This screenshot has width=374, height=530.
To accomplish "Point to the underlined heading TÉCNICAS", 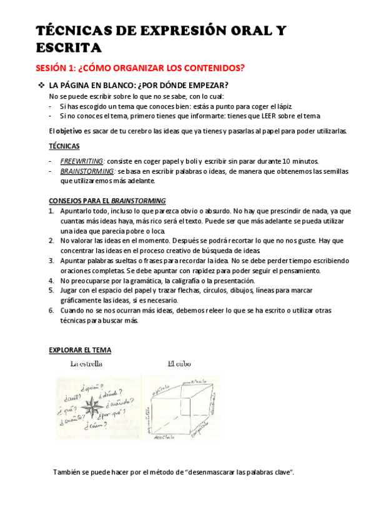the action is [x=64, y=146].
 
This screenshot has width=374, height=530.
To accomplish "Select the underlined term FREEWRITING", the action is [x=82, y=161].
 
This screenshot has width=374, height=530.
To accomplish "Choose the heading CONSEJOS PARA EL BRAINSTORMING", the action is [x=107, y=201].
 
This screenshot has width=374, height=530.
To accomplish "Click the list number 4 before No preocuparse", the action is [x=51, y=281].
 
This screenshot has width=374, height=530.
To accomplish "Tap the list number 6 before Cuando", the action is [x=51, y=311].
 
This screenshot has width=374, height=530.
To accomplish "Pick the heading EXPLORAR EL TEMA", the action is [x=80, y=350].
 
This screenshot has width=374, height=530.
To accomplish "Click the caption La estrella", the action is [x=86, y=363].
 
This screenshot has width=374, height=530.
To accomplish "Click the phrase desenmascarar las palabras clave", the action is [x=230, y=472].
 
